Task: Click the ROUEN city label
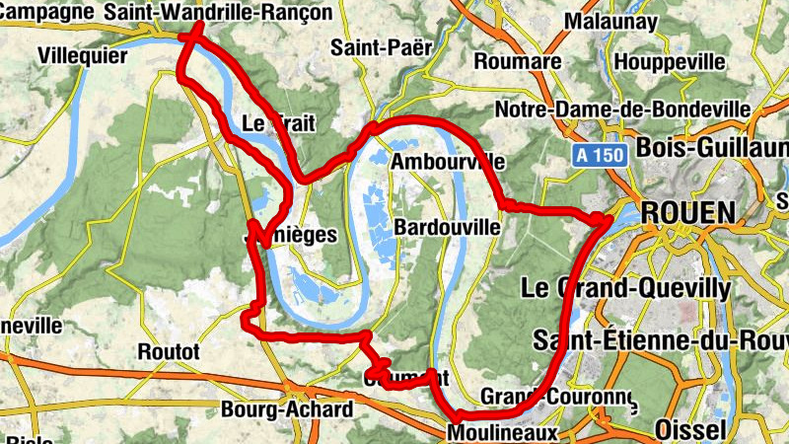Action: [x=688, y=213]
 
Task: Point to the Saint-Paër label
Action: [x=371, y=46]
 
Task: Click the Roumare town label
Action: [x=518, y=61]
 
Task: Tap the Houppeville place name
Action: [x=669, y=61]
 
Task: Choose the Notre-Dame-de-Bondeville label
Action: [x=622, y=109]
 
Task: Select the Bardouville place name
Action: [x=447, y=228]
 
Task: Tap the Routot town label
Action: [x=169, y=351]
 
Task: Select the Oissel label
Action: [x=689, y=429]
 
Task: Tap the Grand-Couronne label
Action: [x=557, y=396]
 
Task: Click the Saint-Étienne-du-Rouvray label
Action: [x=660, y=340]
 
